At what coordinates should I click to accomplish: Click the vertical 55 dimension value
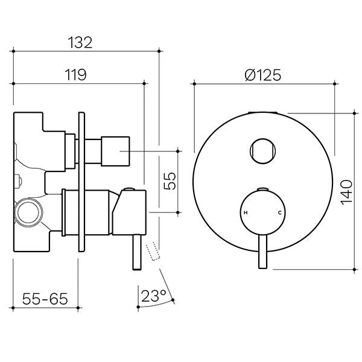(171, 182)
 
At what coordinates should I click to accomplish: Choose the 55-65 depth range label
(45, 297)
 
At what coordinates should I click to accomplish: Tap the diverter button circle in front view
(262, 150)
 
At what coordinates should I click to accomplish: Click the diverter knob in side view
(115, 150)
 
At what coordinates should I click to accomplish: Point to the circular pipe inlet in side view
(27, 213)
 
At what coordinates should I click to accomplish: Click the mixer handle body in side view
(130, 208)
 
